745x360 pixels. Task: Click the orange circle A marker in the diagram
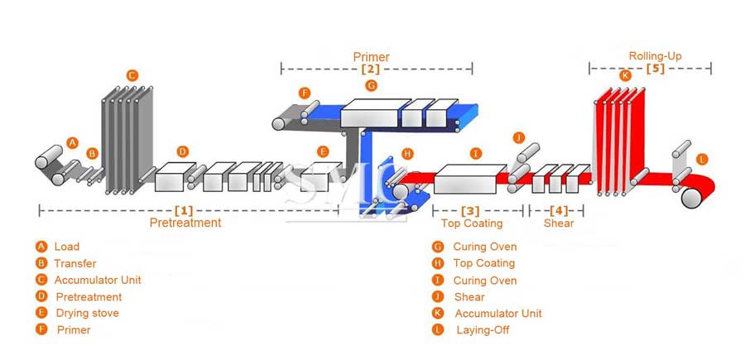point(72,142)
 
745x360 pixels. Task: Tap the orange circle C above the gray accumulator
point(132,75)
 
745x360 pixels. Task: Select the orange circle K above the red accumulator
point(625,75)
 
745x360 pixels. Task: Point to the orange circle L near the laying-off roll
point(702,159)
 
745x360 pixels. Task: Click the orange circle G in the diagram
point(371,85)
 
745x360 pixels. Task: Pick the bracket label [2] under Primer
point(370,69)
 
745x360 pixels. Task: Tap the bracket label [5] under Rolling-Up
point(655,68)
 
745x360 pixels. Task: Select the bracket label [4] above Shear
point(559,210)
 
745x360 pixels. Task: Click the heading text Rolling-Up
point(655,56)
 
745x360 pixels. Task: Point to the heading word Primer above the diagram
point(371,57)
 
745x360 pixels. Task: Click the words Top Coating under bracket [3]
point(471,223)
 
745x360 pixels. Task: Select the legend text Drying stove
point(87,313)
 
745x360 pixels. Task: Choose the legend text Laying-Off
point(483,330)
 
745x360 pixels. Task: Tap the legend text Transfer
point(75,263)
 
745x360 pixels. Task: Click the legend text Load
point(67,247)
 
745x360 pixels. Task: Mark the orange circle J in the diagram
point(519,137)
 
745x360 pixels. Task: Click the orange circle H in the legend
point(437,263)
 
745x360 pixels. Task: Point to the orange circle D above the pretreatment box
point(183,151)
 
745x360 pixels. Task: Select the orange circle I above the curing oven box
point(475,153)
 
